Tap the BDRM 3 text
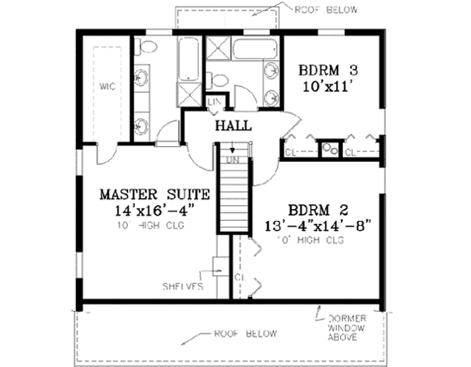pos(323,70)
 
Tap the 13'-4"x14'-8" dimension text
pos(318,226)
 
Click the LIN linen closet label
pos(214,101)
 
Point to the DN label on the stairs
pos(232,160)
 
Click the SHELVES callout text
pos(184,286)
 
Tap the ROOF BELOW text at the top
pos(327,10)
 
